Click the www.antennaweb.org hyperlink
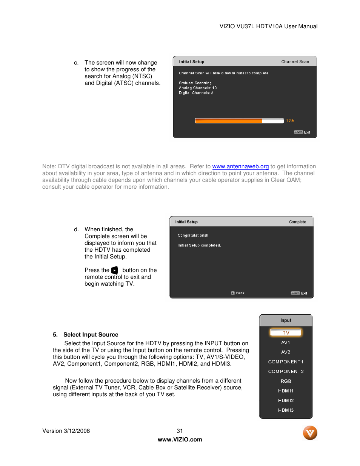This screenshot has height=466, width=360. pyautogui.click(x=240, y=166)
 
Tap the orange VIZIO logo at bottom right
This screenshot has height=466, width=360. pyautogui.click(x=310, y=433)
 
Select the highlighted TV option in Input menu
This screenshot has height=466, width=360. pyautogui.click(x=286, y=332)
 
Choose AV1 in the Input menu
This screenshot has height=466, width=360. pyautogui.click(x=286, y=343)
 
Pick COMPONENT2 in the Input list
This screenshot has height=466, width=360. pyautogui.click(x=286, y=372)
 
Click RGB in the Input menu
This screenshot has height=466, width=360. pyautogui.click(x=286, y=381)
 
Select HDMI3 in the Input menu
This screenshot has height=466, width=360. pyautogui.click(x=286, y=410)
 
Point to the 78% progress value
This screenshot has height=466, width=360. pyautogui.click(x=290, y=120)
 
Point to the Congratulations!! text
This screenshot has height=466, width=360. pyautogui.click(x=193, y=235)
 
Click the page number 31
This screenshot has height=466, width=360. pyautogui.click(x=180, y=431)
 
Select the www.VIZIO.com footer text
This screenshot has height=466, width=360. pyautogui.click(x=180, y=440)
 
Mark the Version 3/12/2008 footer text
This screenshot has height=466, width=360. pyautogui.click(x=66, y=431)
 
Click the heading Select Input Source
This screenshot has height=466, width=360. pyautogui.click(x=91, y=335)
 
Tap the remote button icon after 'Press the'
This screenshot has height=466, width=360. pyautogui.click(x=115, y=271)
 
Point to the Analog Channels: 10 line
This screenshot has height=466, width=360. pyautogui.click(x=198, y=88)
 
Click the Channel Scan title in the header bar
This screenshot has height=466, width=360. pyautogui.click(x=295, y=62)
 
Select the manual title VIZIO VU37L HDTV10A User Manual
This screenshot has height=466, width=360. pyautogui.click(x=268, y=26)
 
